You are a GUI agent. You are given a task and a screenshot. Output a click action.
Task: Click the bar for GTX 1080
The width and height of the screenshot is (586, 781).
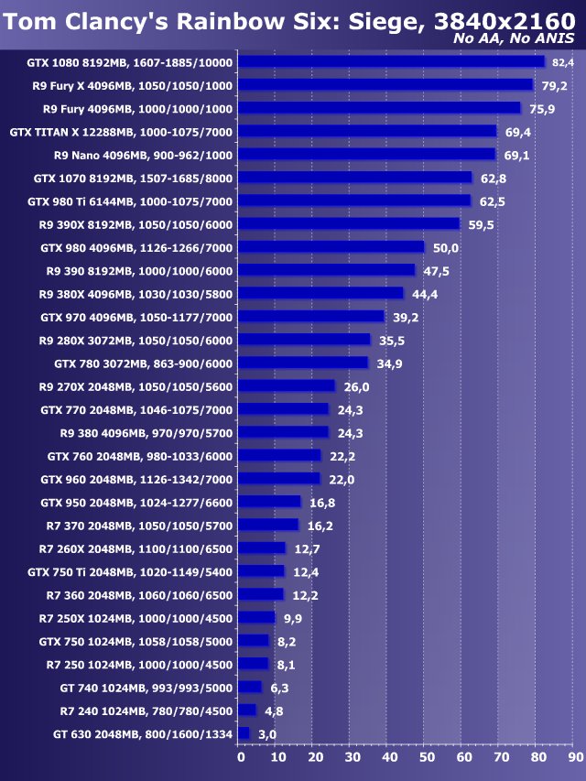coord(391,62)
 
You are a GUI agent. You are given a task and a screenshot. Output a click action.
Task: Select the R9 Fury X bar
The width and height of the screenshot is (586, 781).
coord(385,85)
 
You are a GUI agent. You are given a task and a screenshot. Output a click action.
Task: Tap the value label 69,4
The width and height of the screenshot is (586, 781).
coord(517,132)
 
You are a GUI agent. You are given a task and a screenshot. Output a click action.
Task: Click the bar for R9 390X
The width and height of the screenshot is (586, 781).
coord(349,224)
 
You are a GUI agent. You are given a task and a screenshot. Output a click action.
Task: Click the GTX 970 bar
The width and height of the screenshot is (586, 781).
coord(311,317)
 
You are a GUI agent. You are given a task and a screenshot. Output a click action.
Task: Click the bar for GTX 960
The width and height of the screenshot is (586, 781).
coord(279,479)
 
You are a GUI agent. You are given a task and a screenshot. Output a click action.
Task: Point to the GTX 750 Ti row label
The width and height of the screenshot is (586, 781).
coord(130,571)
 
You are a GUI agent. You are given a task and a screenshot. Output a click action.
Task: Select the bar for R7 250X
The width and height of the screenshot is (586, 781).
coord(256,618)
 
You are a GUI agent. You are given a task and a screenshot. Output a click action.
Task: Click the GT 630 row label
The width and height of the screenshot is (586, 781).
coord(143,733)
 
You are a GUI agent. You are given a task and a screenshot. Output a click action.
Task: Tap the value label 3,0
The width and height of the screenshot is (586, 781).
coord(266,734)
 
